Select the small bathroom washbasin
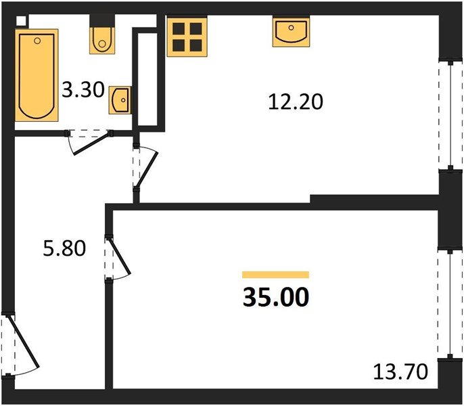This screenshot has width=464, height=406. click(120, 101)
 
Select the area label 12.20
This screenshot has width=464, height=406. click(295, 102)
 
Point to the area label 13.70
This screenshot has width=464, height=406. click(400, 371)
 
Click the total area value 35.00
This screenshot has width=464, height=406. click(275, 297)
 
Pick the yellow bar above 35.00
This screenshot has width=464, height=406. click(275, 275)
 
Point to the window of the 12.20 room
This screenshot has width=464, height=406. click(446, 115)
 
